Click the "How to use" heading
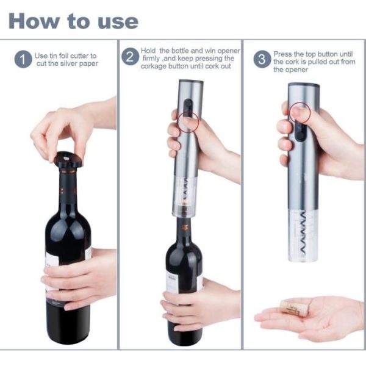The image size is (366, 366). (x=73, y=21)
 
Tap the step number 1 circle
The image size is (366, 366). (x=23, y=59)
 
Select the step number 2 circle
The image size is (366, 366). (x=131, y=57)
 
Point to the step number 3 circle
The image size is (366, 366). (x=262, y=59)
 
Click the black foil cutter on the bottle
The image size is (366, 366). (x=68, y=160)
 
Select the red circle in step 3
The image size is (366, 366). (x=300, y=112)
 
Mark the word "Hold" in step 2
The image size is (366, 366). (x=148, y=51)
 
